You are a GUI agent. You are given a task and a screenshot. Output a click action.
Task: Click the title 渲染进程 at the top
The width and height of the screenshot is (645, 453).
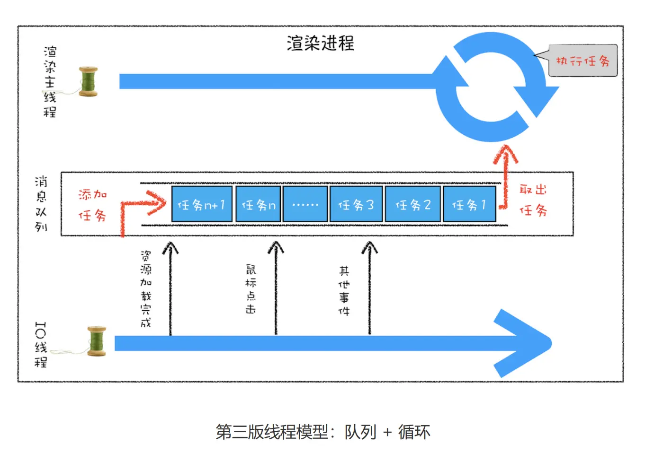tap(320, 43)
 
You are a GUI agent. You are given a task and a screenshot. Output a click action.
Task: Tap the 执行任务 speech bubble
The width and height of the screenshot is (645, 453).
tap(583, 61)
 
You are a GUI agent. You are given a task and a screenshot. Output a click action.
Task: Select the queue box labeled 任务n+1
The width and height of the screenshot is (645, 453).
tap(202, 204)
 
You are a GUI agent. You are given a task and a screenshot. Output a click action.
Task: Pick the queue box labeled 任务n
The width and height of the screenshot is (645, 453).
tap(258, 204)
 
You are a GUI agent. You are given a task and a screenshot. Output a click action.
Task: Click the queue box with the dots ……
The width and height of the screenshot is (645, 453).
tap(305, 204)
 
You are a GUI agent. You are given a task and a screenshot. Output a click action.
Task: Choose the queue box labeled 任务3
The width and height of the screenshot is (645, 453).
tap(356, 204)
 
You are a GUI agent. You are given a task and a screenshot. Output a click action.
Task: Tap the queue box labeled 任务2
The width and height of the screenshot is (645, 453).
tap(413, 204)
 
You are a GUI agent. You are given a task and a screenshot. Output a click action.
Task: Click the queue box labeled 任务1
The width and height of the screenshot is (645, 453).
tap(469, 204)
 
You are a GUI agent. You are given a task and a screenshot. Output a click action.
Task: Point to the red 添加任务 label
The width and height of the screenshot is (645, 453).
tap(92, 205)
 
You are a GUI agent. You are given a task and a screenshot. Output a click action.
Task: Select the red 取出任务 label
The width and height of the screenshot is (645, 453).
tap(533, 200)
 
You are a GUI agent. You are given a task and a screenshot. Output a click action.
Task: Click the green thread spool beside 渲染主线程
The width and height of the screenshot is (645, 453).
tap(88, 82)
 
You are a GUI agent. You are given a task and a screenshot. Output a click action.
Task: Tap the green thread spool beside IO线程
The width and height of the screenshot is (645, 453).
tap(97, 341)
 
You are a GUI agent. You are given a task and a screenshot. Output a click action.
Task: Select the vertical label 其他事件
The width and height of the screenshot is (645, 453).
tap(344, 291)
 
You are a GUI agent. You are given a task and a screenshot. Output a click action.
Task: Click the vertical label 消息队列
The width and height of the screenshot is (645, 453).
tap(41, 204)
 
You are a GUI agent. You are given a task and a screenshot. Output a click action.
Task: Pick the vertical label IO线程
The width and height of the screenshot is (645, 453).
tap(41, 345)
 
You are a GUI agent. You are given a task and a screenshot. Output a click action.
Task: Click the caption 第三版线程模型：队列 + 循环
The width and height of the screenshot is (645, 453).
tap(322, 432)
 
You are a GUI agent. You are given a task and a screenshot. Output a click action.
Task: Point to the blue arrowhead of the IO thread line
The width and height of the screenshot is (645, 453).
tap(526, 343)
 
